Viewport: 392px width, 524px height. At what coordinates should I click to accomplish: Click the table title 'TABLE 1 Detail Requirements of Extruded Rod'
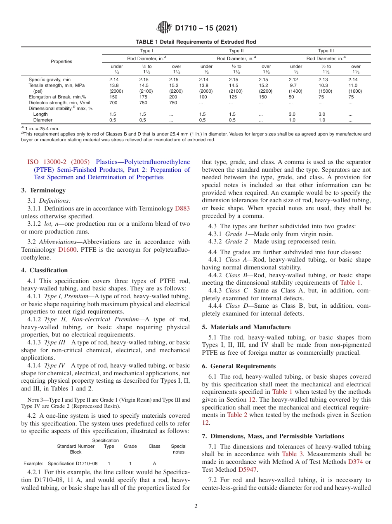(196, 42)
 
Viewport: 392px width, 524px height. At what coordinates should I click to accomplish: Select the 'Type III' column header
(326, 51)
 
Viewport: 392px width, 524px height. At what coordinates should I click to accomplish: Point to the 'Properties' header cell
(61, 61)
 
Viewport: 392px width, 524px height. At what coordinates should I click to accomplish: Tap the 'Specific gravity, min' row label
(50, 79)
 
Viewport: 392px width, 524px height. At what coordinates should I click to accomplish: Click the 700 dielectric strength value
(113, 103)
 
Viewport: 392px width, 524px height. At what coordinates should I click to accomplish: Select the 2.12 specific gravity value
(296, 79)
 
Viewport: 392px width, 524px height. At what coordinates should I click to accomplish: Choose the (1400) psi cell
(296, 91)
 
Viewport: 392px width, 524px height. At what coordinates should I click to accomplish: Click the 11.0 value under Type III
(353, 85)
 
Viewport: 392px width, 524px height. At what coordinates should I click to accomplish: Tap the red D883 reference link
(182, 208)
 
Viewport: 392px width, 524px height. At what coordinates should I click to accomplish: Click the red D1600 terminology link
(66, 250)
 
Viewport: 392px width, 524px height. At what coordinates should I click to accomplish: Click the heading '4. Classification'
(45, 270)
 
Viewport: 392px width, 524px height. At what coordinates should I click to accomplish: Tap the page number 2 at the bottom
(196, 506)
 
